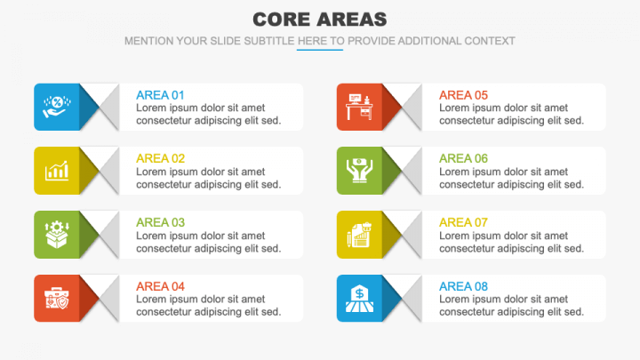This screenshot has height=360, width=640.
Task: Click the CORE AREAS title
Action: pyautogui.click(x=319, y=19)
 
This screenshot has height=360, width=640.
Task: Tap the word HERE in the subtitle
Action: pyautogui.click(x=312, y=41)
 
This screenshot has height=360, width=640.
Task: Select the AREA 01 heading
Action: pyautogui.click(x=160, y=95)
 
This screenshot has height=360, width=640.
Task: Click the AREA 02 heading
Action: pyautogui.click(x=160, y=158)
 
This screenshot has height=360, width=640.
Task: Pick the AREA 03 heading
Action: pyautogui.click(x=160, y=222)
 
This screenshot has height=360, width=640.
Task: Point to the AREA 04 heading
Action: pyautogui.click(x=160, y=286)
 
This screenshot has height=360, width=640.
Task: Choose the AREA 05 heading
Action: pyautogui.click(x=463, y=95)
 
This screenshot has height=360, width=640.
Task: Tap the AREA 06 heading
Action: pyautogui.click(x=463, y=158)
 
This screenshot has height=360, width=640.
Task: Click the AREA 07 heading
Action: pyautogui.click(x=463, y=222)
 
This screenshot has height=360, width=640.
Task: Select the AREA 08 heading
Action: pyautogui.click(x=463, y=286)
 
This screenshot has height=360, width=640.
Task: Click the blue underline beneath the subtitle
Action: pyautogui.click(x=319, y=50)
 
